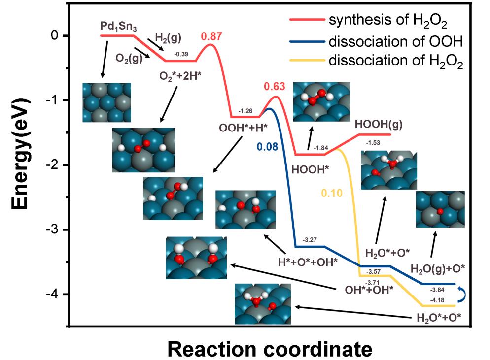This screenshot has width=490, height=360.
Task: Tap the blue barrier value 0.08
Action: pos(265,146)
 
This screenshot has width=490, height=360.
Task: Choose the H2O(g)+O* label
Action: pos(438,268)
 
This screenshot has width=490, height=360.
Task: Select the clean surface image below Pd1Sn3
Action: pos(106,102)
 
